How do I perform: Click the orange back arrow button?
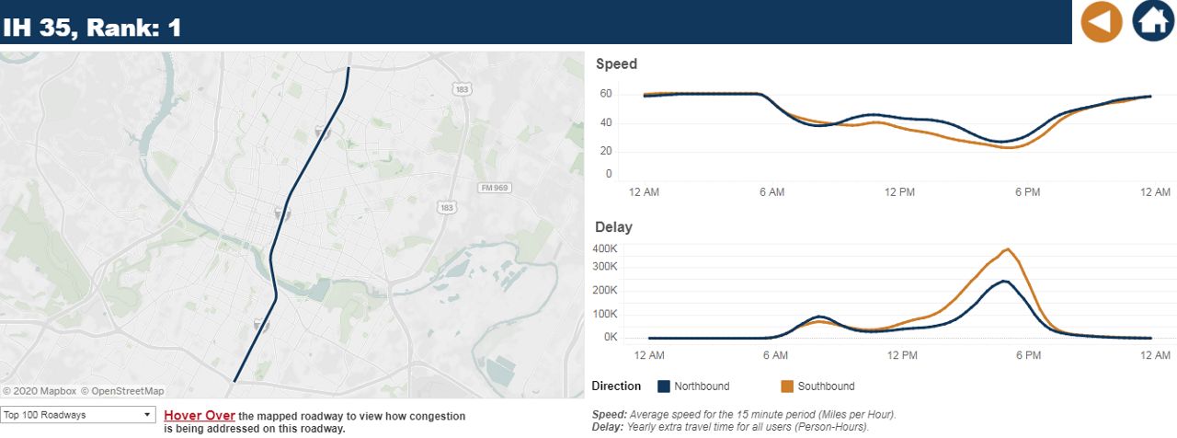pos(1101,21)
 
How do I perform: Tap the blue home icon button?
pos(1153,21)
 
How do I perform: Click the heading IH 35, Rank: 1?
pos(92,28)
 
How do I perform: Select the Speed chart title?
pos(616,64)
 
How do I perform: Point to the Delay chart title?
pos(613,227)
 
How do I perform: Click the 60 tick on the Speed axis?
pos(605,94)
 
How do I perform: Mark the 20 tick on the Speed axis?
pos(605,151)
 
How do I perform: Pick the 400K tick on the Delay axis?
pos(605,248)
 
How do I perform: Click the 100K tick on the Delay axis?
pos(605,314)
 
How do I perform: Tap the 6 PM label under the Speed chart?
pos(1027,191)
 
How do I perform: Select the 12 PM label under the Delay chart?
pos(902,355)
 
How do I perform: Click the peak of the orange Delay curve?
pos(1008,249)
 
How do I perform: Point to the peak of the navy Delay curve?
pos(1005,281)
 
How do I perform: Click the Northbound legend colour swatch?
pos(664,386)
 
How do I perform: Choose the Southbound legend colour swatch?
pos(787,386)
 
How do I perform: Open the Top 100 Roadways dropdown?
pos(77,415)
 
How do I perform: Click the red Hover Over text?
pos(199,416)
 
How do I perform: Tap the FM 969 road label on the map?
pos(495,188)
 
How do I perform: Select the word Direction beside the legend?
pos(616,386)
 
